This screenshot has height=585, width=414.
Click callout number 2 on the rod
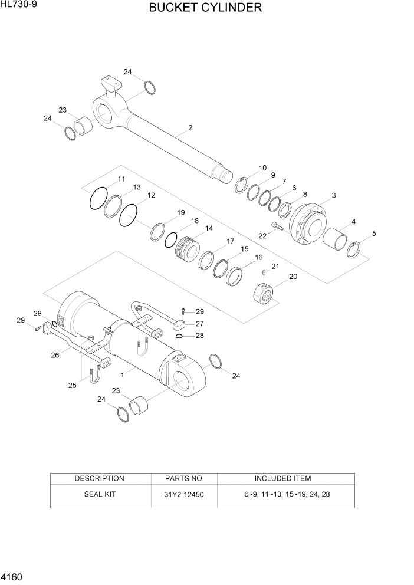190,127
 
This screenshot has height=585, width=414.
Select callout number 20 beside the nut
293,277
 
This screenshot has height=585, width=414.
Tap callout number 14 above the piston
209,228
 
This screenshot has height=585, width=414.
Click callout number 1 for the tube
122,374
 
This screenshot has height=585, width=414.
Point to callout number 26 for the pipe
55,355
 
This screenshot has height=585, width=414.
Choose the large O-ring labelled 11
98,198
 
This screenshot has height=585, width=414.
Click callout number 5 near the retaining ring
373,234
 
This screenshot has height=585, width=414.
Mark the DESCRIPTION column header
99,478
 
